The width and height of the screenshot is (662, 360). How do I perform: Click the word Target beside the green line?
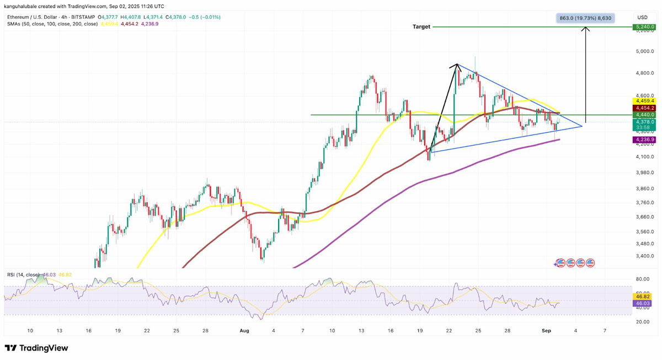pos(421,26)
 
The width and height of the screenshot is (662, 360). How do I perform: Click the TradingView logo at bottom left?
pos(36,348)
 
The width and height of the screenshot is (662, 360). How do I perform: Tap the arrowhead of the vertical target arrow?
pos(586,29)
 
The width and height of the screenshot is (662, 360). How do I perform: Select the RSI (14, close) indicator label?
pos(23,274)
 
